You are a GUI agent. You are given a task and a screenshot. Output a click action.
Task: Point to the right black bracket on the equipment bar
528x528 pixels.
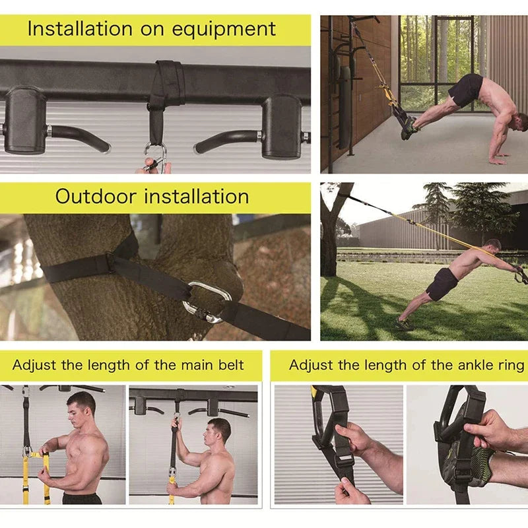(282, 125)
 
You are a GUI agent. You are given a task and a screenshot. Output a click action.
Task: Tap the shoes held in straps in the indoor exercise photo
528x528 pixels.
(409, 127)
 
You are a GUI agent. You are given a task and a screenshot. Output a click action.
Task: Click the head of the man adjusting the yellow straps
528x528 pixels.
(81, 404)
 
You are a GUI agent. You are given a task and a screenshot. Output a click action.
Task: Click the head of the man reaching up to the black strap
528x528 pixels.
(220, 430)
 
